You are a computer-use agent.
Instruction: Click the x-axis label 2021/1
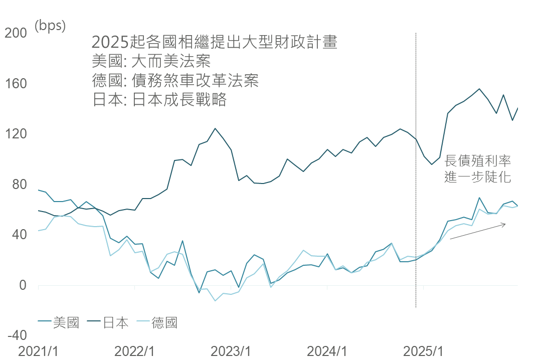38,351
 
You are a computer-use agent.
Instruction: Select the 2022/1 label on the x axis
134,351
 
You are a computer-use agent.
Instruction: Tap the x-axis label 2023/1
231,351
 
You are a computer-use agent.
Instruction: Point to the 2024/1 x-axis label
327,351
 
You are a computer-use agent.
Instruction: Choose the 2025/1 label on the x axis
423,351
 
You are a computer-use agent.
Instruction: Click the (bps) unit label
50,25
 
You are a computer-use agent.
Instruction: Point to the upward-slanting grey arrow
478,232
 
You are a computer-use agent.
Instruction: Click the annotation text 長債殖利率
477,160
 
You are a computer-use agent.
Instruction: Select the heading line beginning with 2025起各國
215,42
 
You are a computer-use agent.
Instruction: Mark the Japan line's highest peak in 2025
479,89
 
